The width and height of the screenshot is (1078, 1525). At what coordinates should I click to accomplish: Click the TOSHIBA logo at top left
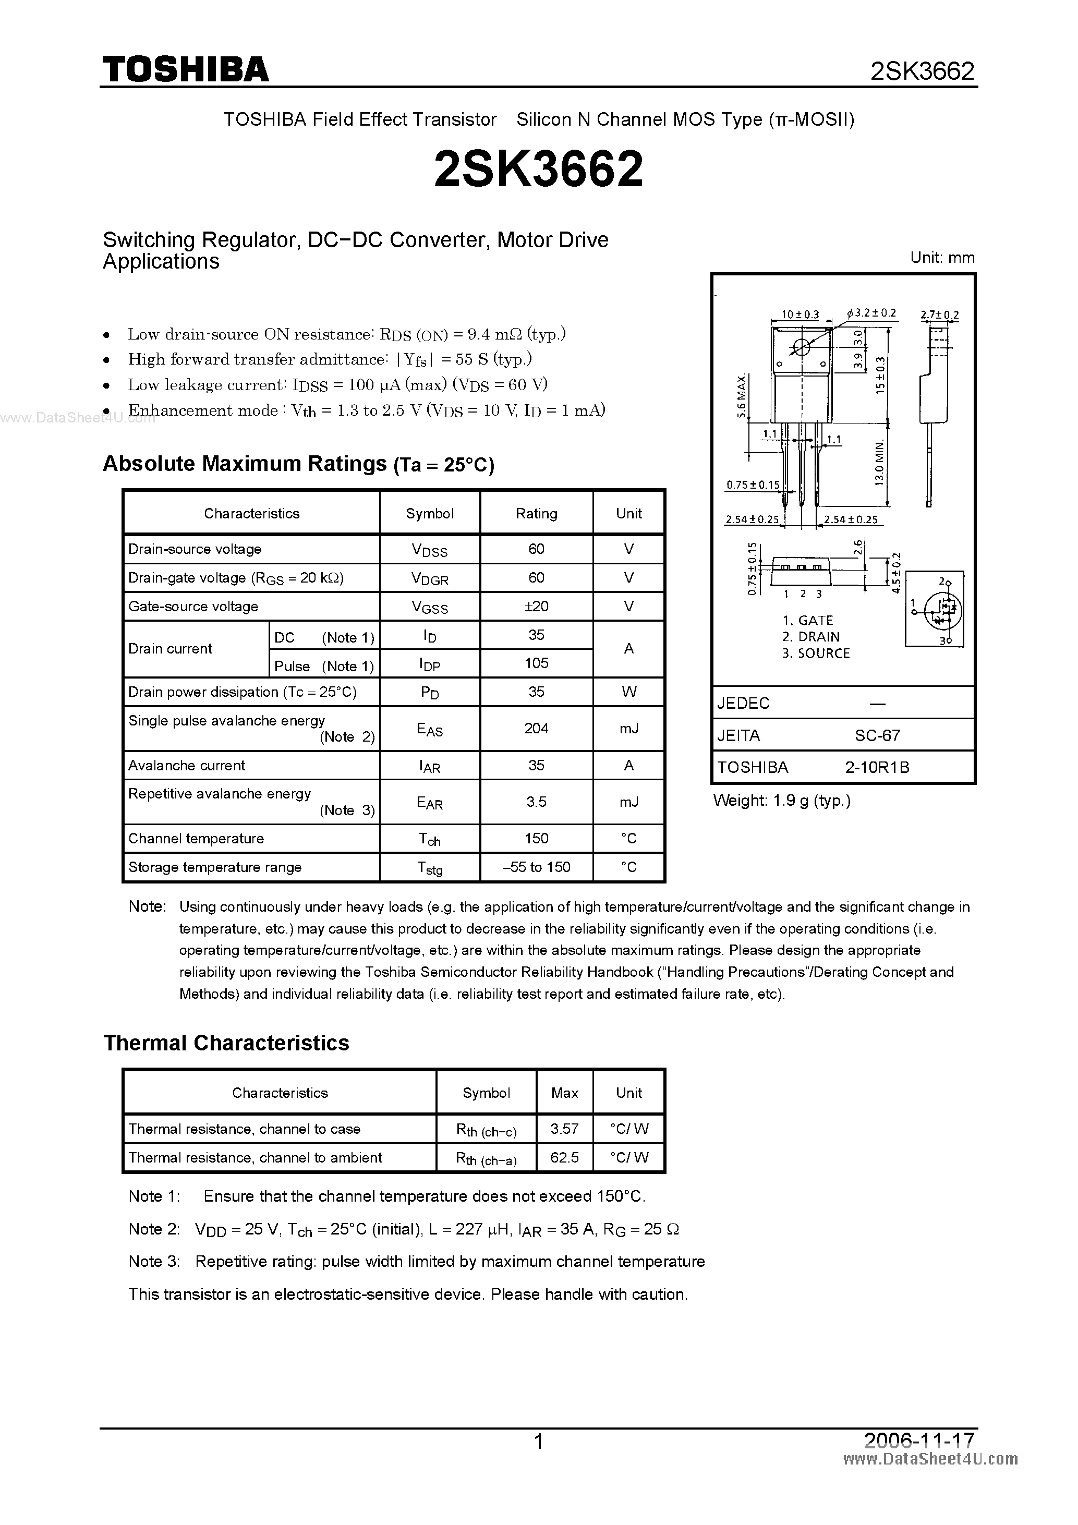tap(185, 69)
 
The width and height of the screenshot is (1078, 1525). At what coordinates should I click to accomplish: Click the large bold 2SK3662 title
tap(538, 168)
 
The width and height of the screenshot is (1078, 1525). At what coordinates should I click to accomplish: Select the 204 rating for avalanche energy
tap(536, 729)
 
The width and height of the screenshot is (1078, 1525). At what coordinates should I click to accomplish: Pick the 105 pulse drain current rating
tap(536, 663)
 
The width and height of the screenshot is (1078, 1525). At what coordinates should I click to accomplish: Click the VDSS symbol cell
tap(430, 550)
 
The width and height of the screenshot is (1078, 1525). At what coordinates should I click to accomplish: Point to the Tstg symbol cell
tap(430, 868)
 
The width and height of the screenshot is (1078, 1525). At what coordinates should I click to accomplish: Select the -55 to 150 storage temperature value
tap(536, 867)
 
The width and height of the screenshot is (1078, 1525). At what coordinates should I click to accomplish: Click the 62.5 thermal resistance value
tap(565, 1158)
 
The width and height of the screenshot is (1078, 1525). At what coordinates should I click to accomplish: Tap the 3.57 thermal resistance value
tap(565, 1129)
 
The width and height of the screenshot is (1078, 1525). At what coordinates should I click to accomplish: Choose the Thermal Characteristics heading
tap(226, 1043)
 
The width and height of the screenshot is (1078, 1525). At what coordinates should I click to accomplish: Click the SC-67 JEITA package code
tap(877, 736)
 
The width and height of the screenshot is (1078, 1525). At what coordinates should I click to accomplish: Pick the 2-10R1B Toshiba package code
tap(877, 768)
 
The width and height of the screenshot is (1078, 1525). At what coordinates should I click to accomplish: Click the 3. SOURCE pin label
tap(816, 653)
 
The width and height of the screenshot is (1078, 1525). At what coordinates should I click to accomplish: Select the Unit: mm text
tap(942, 258)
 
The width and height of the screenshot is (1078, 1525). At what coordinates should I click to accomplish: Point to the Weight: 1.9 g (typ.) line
tap(782, 801)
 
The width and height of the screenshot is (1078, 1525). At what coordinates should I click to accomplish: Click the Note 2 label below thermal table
tap(154, 1229)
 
